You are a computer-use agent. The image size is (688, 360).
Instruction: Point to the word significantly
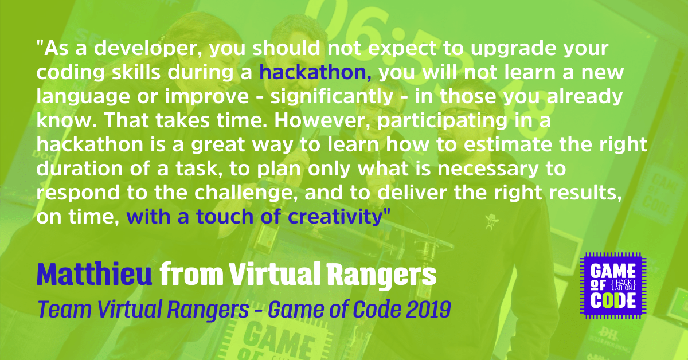pos(332,97)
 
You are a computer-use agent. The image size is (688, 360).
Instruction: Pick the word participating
pos(442,122)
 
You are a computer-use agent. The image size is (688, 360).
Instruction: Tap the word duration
pos(80,169)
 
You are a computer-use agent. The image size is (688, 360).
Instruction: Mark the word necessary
pos(488,170)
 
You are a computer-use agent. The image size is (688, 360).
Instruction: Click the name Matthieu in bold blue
pos(95,274)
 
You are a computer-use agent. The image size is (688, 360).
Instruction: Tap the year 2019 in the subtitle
pos(428,309)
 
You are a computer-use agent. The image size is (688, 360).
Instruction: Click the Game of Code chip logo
pos(613,285)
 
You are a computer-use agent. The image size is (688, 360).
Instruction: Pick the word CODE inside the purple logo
pos(613,300)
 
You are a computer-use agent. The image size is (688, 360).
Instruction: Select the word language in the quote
pos(83,97)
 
